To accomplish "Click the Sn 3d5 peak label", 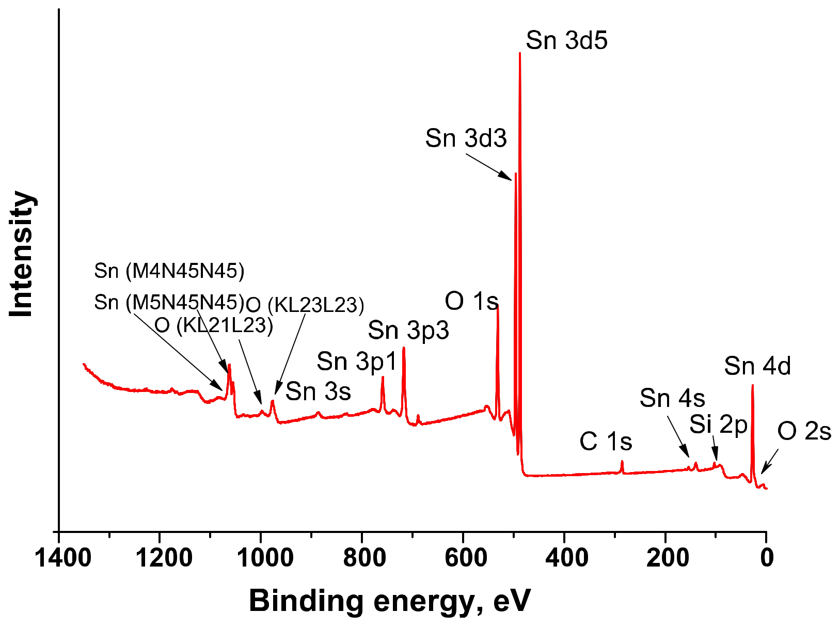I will coord(566,40).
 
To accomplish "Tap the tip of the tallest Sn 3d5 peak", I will coord(520,53).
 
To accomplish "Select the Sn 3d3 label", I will coord(466,138).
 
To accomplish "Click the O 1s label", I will coord(471,301).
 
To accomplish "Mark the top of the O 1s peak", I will coord(498,306).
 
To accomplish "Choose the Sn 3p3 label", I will coord(408,331).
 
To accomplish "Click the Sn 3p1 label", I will coord(356,362).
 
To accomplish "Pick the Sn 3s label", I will coord(318,392).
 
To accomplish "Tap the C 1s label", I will coord(606,442).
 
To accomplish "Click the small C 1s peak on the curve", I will coord(622,462).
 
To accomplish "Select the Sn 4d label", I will coord(757,366).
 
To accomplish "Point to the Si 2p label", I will coord(718,425).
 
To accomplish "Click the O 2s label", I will coord(804,431).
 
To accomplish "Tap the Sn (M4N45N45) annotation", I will coord(169,271).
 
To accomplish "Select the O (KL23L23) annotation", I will coord(305,305).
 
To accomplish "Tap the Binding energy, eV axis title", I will coord(389,601).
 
